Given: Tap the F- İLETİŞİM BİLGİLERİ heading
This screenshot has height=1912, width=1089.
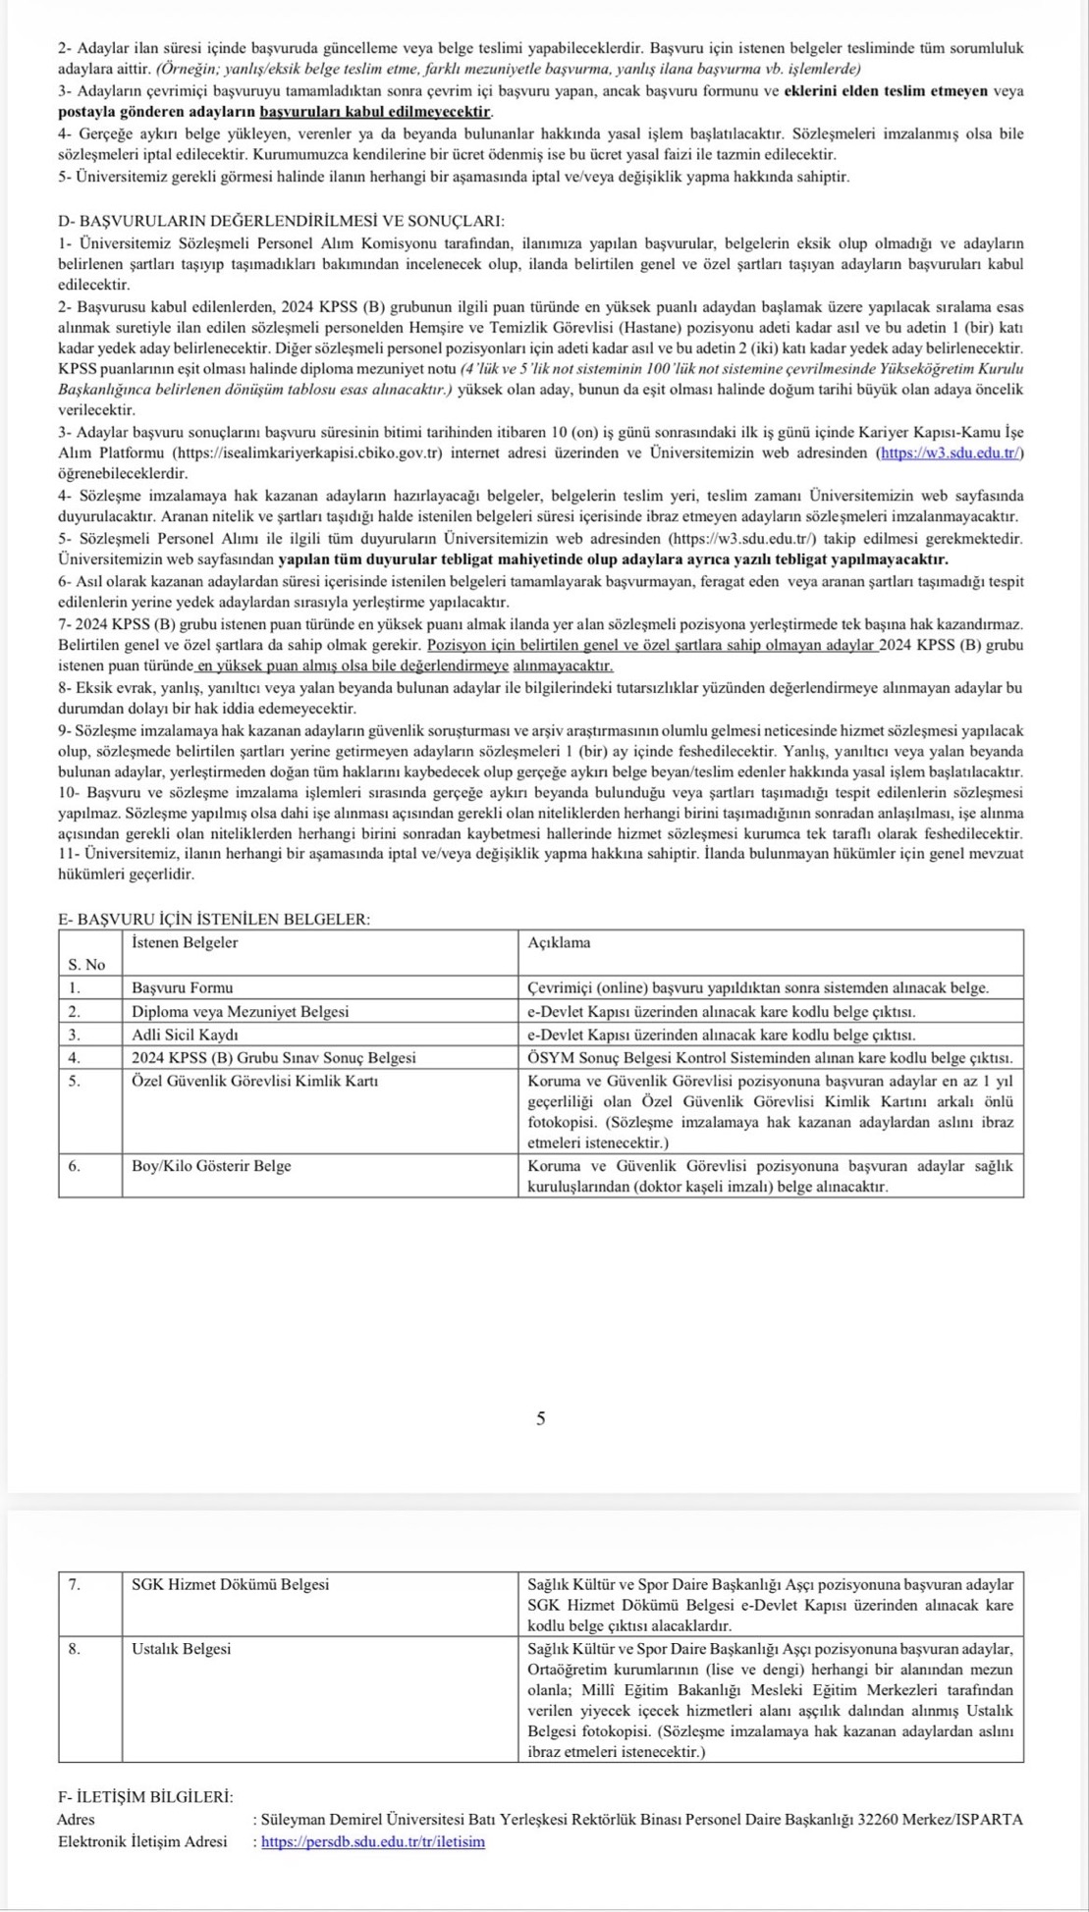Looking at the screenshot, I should (145, 1796).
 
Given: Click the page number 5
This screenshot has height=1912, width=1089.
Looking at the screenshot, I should (540, 1418).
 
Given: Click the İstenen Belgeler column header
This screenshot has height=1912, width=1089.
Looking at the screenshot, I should (185, 942).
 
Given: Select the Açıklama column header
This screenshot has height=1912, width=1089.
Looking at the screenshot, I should (559, 942).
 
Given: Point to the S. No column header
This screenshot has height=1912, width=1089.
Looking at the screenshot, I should (87, 965).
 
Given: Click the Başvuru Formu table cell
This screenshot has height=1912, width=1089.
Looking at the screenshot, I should (183, 987).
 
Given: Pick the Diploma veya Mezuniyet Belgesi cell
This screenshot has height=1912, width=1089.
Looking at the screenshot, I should (240, 1011).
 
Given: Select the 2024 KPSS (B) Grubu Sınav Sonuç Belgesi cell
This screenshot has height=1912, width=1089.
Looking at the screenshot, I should (274, 1058).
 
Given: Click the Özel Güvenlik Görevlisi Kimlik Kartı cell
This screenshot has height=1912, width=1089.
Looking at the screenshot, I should (255, 1081).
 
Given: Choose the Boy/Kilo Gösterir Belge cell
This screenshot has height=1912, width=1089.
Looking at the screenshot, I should (211, 1166).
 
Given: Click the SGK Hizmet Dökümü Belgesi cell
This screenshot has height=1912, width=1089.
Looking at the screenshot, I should (231, 1584).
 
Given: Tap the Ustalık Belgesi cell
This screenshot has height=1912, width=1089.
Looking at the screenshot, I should (182, 1649).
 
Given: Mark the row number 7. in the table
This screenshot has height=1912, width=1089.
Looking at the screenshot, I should (75, 1584).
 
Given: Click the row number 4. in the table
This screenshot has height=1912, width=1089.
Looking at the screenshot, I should (74, 1058).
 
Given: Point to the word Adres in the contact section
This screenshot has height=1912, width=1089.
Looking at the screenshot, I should (77, 1819).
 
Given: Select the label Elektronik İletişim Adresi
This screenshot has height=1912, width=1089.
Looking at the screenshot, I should (142, 1841).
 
